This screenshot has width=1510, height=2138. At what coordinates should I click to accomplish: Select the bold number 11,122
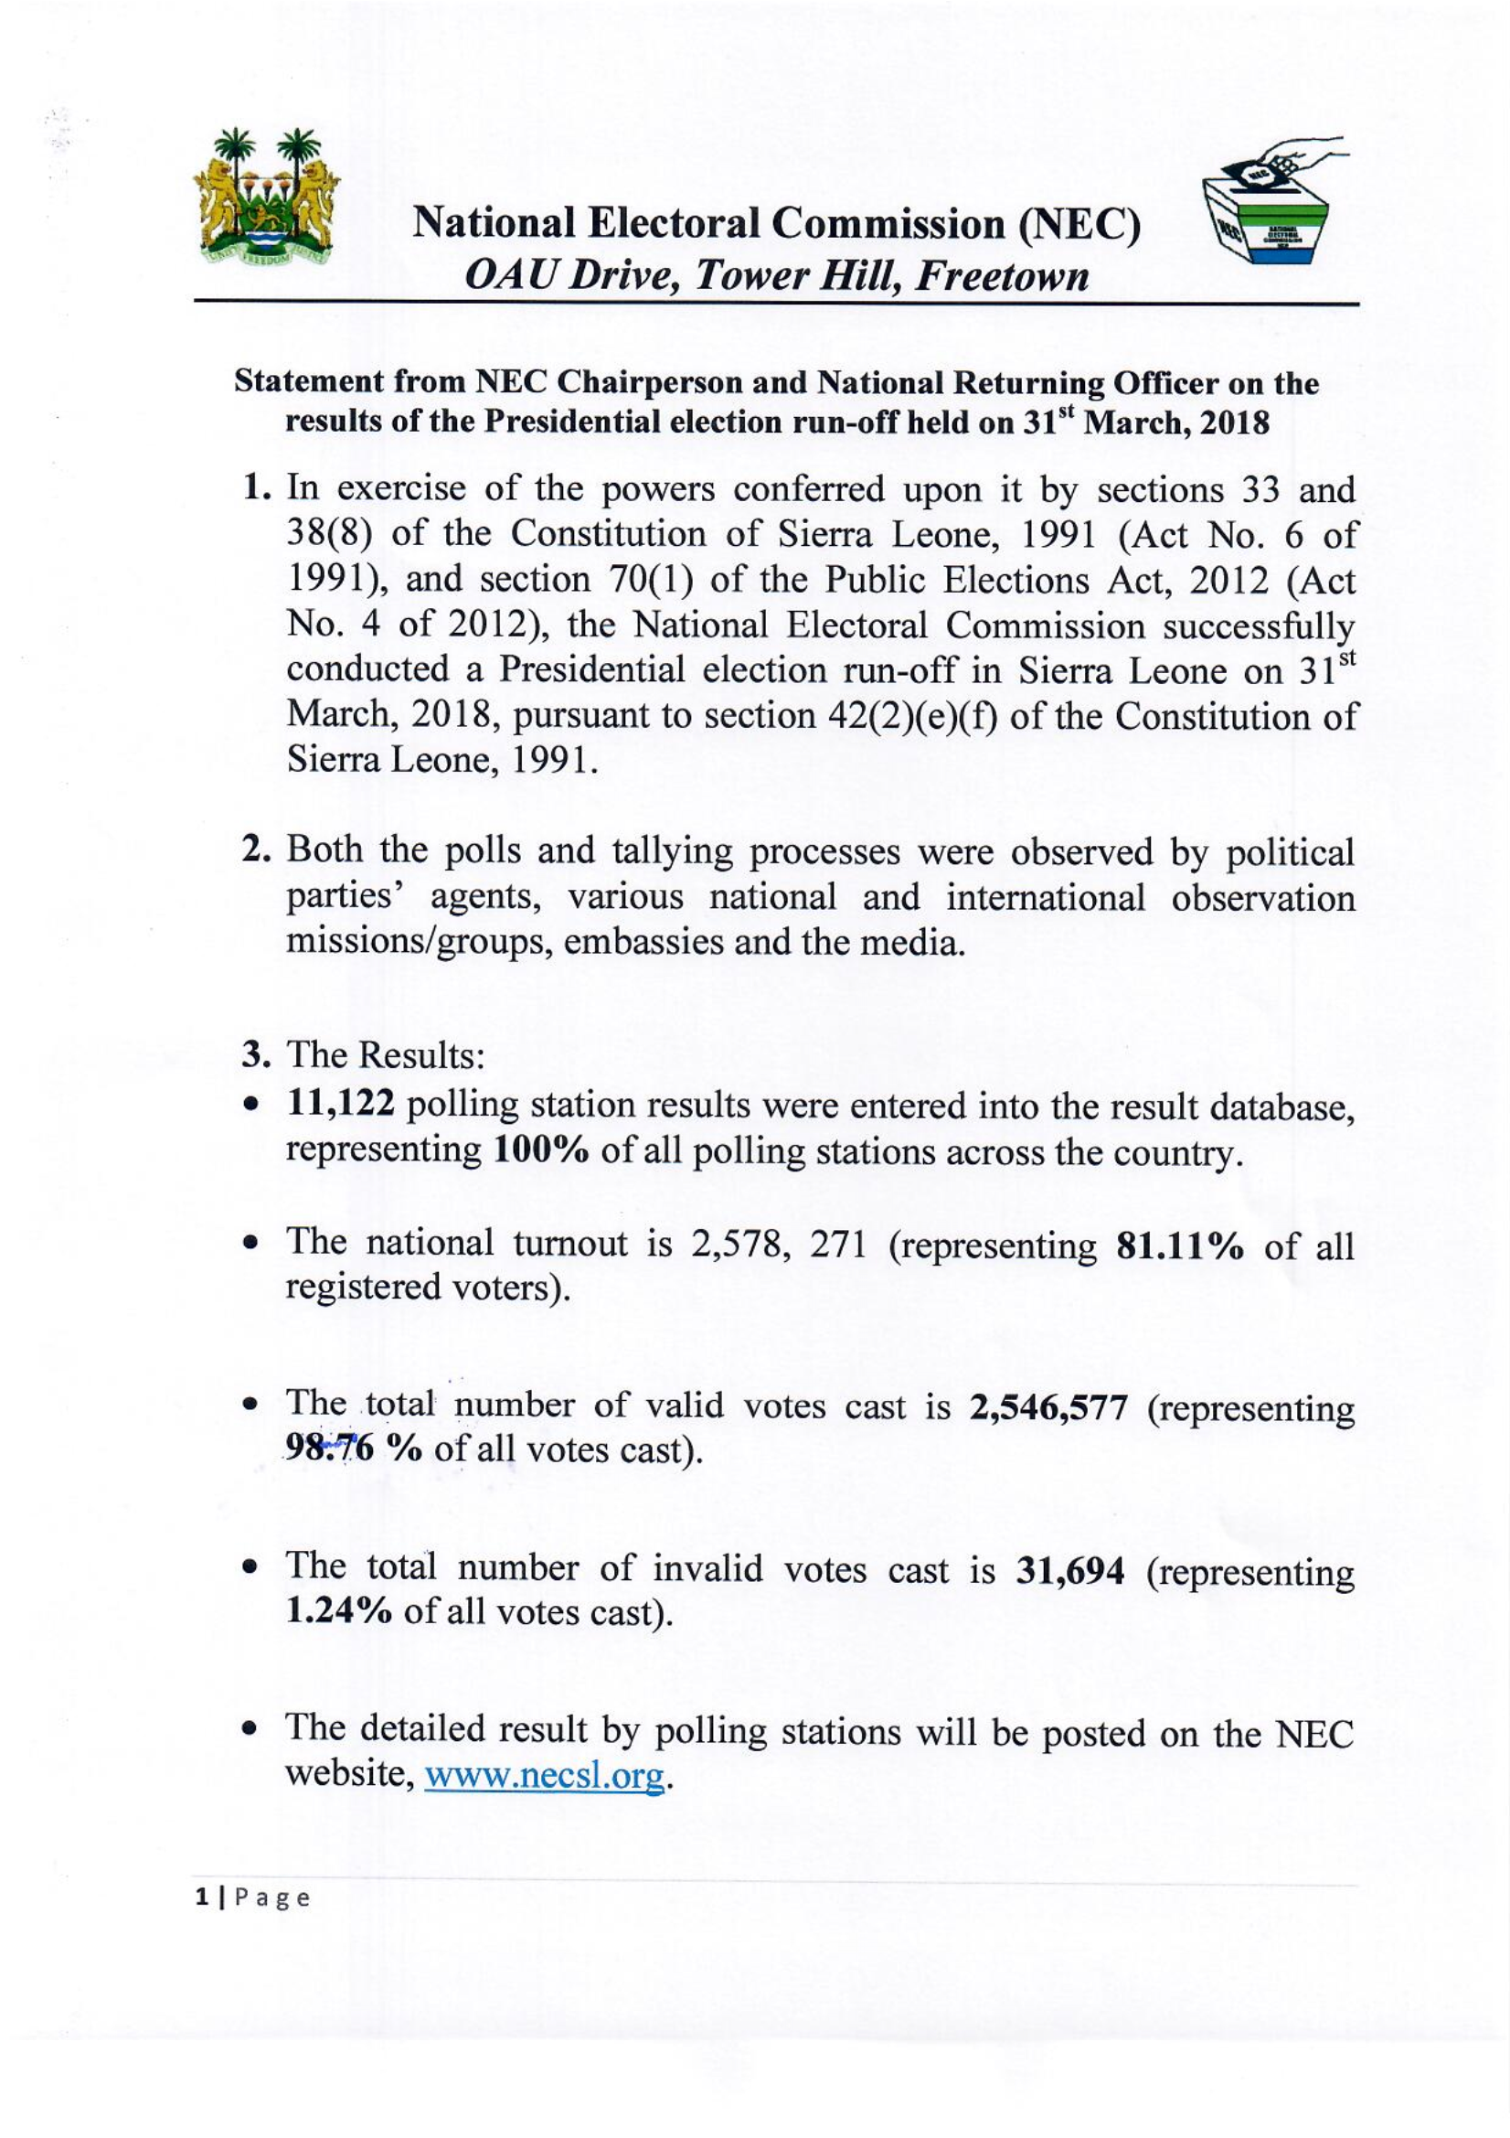[x=341, y=1105]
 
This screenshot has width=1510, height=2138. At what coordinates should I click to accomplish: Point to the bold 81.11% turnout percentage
[x=1178, y=1245]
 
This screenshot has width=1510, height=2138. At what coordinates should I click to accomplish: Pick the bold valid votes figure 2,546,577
[x=1048, y=1407]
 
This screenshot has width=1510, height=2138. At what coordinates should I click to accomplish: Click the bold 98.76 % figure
[x=354, y=1450]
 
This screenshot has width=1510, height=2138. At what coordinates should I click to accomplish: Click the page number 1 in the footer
[x=201, y=1897]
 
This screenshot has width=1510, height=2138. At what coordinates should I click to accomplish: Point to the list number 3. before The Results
[x=255, y=1055]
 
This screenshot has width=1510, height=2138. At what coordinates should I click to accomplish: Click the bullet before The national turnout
[x=249, y=1245]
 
